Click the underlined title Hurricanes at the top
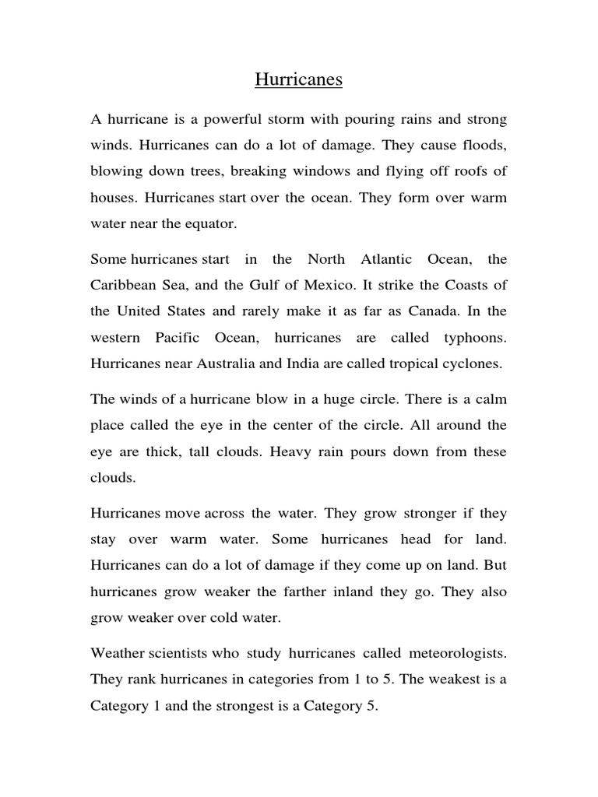[x=299, y=79]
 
